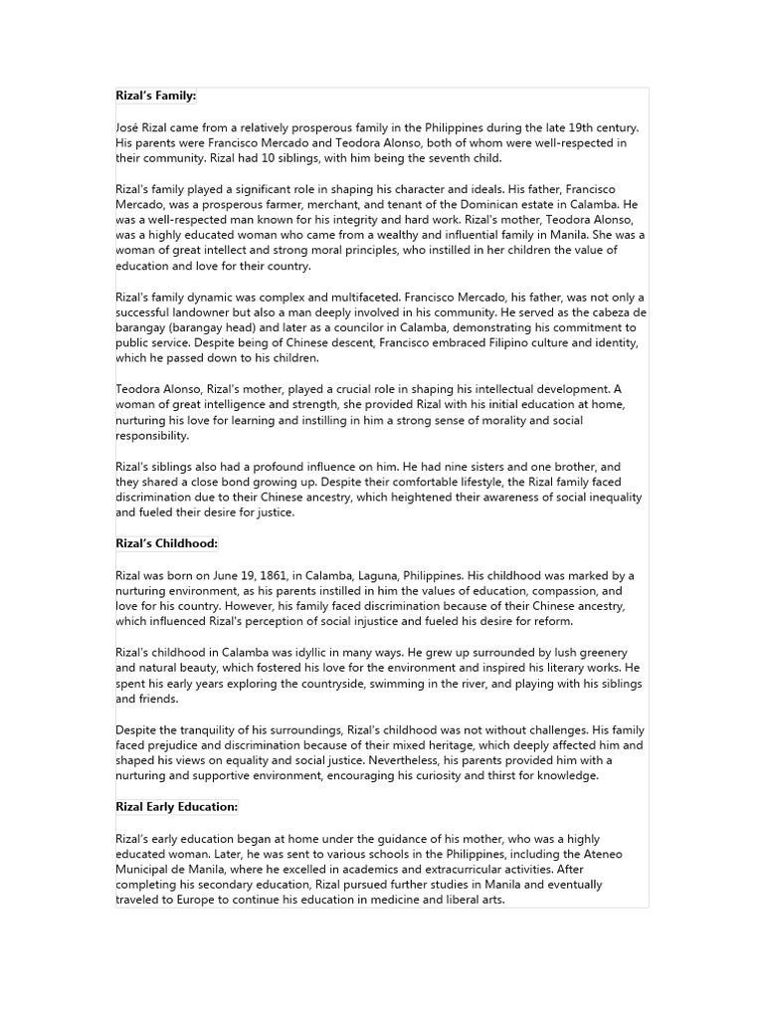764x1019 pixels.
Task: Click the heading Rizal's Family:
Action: click(x=156, y=96)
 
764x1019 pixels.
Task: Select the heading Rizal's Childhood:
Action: click(x=166, y=543)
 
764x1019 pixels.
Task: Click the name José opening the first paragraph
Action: click(x=129, y=127)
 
